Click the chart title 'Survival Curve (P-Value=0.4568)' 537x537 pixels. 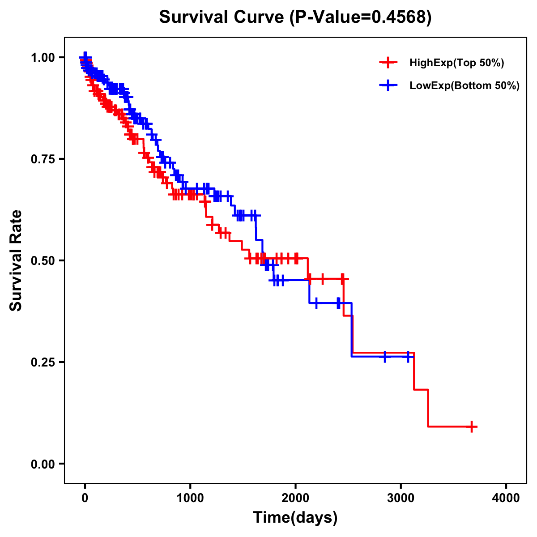[295, 17]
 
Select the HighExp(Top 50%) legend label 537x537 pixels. [456, 63]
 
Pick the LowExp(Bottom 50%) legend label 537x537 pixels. [465, 86]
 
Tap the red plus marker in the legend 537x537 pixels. [388, 63]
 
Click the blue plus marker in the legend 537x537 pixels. [388, 86]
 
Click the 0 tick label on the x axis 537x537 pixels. [85, 498]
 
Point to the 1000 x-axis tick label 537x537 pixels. [190, 498]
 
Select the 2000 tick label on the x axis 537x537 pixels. [295, 498]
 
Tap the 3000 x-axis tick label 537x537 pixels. [401, 498]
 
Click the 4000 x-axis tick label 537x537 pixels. [506, 498]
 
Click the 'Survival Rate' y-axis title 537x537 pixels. [16, 260]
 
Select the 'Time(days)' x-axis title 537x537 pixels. [295, 518]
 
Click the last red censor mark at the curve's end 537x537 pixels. [472, 426]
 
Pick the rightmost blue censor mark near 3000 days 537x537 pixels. [408, 357]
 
